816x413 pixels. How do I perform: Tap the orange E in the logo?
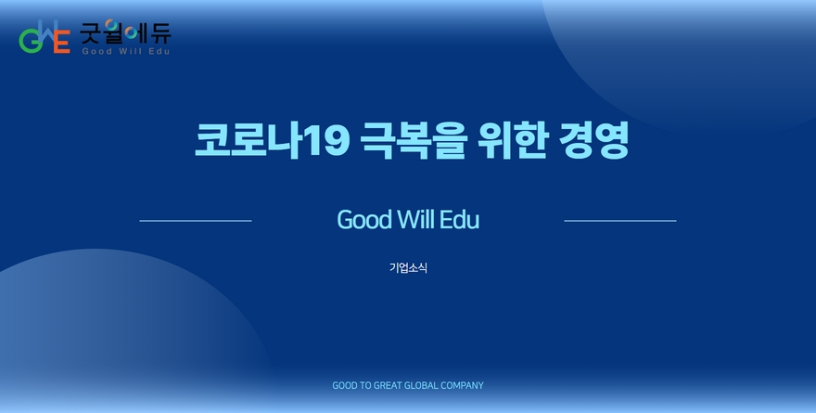(x=61, y=41)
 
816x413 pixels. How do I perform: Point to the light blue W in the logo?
(x=47, y=32)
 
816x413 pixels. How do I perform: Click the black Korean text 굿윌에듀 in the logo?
(x=125, y=32)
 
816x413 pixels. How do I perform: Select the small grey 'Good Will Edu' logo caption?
(x=126, y=51)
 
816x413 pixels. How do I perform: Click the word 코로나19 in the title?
(x=273, y=139)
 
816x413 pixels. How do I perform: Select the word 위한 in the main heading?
(x=513, y=139)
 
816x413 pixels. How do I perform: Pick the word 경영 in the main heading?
(x=593, y=140)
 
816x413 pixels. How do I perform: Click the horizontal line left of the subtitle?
(x=196, y=221)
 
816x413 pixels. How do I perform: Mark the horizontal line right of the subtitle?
(x=620, y=221)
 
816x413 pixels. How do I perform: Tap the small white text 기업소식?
(x=408, y=267)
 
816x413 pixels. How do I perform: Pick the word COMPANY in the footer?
(x=462, y=385)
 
